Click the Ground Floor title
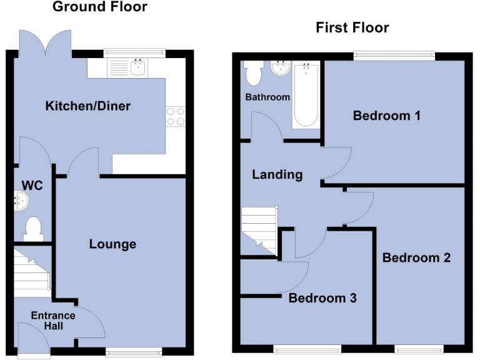pyautogui.click(x=99, y=7)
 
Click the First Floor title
pyautogui.click(x=352, y=27)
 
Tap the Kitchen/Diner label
pyautogui.click(x=88, y=106)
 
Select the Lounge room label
pyautogui.click(x=112, y=244)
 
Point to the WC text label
pyautogui.click(x=32, y=186)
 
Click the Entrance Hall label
pyautogui.click(x=53, y=321)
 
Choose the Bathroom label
pyautogui.click(x=267, y=97)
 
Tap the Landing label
pyautogui.click(x=277, y=174)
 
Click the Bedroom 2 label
pyautogui.click(x=416, y=257)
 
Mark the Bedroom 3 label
pyautogui.click(x=322, y=298)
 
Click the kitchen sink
pyautogui.click(x=127, y=67)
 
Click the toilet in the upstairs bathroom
pyautogui.click(x=254, y=74)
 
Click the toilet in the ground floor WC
pyautogui.click(x=32, y=228)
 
